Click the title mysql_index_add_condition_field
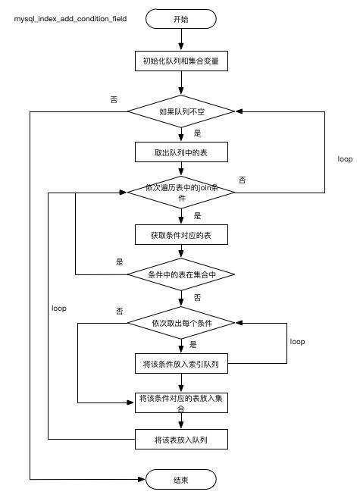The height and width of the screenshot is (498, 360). click(x=70, y=17)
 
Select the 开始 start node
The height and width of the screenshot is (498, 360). click(x=180, y=17)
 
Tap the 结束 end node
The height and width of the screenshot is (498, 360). click(x=180, y=480)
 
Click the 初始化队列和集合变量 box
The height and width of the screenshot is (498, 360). click(x=180, y=61)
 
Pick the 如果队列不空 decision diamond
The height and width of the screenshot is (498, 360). click(x=180, y=112)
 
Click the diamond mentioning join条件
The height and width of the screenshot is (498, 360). click(x=180, y=193)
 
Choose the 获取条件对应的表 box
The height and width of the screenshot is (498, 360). click(x=180, y=236)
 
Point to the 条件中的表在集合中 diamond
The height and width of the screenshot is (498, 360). click(x=180, y=274)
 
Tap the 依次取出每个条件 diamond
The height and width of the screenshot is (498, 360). click(x=180, y=324)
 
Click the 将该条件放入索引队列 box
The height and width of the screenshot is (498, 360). click(x=180, y=364)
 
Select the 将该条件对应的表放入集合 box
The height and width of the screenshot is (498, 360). click(x=180, y=402)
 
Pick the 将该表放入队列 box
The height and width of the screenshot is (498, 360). click(x=180, y=440)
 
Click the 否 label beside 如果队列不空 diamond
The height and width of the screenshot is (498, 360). click(x=114, y=99)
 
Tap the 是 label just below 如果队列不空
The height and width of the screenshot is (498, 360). click(x=197, y=133)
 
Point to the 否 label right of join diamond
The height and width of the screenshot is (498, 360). click(x=243, y=180)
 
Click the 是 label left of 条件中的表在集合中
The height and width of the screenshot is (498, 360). click(x=119, y=262)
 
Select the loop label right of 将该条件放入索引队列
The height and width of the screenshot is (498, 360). click(x=297, y=342)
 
